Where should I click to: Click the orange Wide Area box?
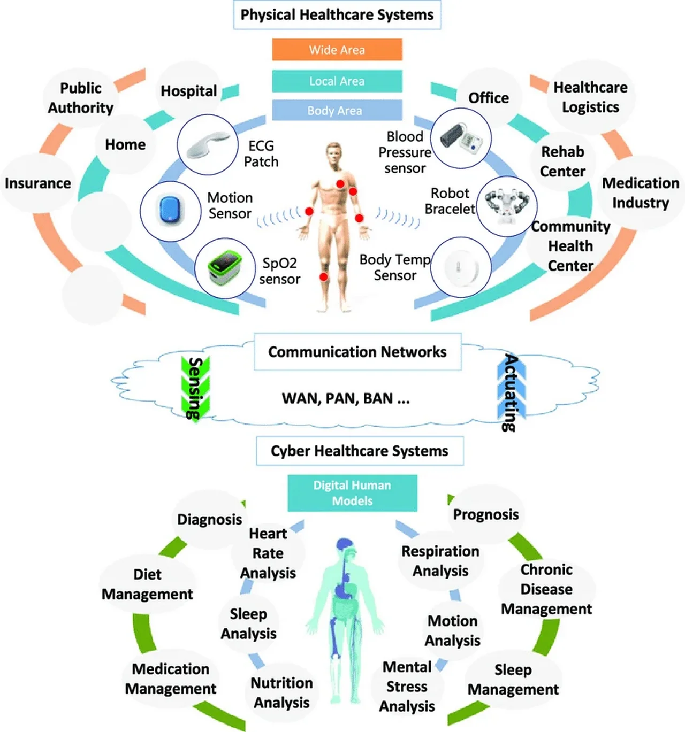(337, 50)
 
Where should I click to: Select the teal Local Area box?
(337, 81)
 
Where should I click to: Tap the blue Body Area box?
(337, 110)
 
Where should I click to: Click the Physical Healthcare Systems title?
(337, 15)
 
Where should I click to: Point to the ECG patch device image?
(208, 144)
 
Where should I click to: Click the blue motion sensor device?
(170, 211)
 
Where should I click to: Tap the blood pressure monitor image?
(461, 138)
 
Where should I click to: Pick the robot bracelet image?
(507, 206)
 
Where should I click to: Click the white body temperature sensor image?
(461, 267)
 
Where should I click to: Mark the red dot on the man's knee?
(324, 277)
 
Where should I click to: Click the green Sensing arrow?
(196, 389)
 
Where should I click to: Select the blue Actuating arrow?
(512, 391)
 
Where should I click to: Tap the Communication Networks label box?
(357, 352)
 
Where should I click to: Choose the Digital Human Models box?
(353, 493)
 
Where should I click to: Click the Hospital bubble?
(188, 91)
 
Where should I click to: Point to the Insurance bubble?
(37, 183)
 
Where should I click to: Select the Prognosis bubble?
(486, 514)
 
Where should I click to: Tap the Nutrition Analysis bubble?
(281, 692)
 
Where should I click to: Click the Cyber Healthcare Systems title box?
(360, 451)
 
